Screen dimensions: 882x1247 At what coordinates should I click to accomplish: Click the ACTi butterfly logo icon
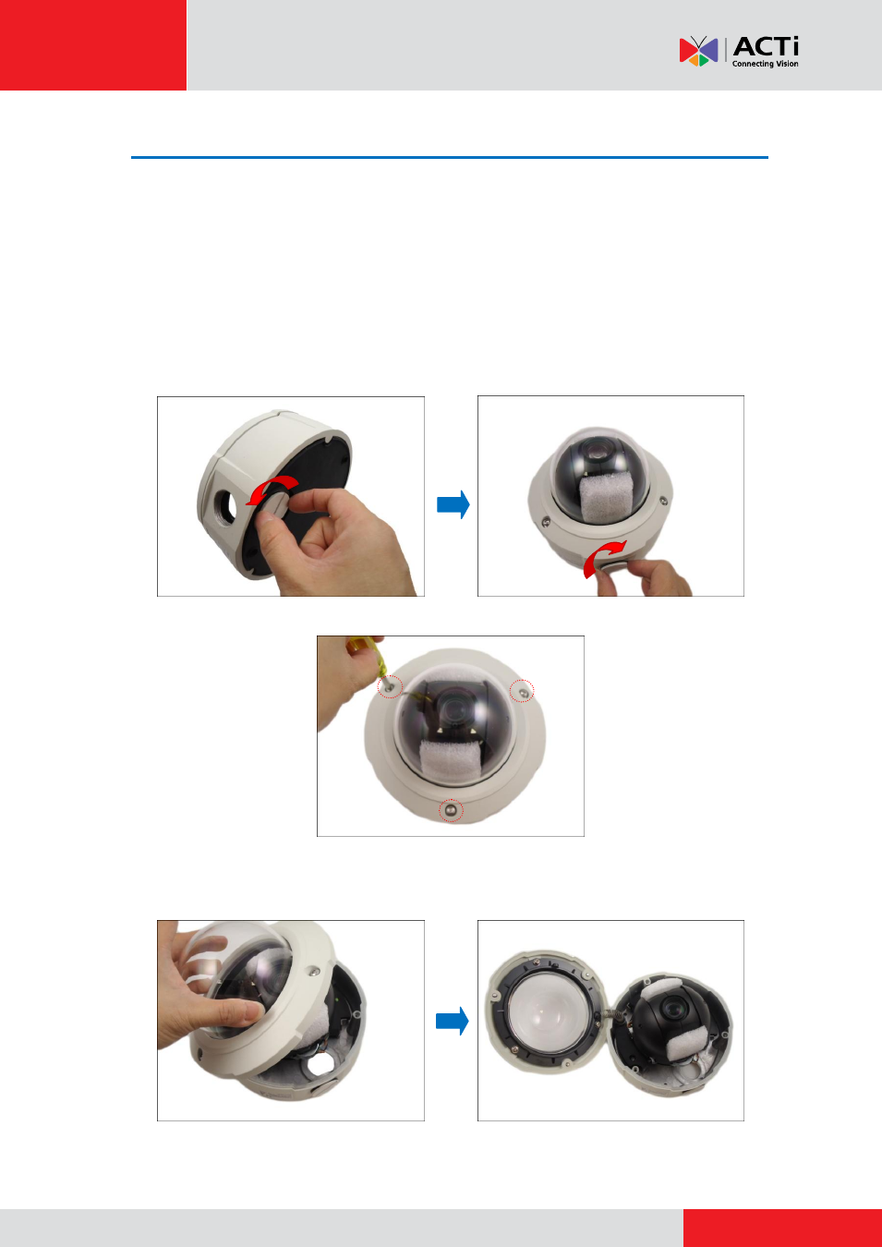[x=698, y=51]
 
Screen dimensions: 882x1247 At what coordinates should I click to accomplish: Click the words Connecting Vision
[x=765, y=64]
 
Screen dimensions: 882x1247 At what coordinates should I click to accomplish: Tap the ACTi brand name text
[x=766, y=46]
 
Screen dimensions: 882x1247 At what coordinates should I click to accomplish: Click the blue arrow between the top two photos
[x=453, y=504]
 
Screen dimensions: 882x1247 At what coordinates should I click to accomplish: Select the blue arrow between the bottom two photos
[x=452, y=1021]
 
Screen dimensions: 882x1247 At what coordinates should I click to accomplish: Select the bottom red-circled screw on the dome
[x=451, y=810]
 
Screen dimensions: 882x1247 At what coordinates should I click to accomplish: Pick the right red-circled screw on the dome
[x=522, y=691]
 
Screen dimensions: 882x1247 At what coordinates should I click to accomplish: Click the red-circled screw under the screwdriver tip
[x=390, y=686]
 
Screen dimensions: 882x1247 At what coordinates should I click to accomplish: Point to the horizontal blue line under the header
[x=450, y=158]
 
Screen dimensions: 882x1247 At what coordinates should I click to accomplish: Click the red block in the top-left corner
[x=93, y=45]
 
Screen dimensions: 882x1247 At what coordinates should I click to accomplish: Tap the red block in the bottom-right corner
[x=782, y=1228]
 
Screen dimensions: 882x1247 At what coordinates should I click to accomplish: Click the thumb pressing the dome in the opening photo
[x=236, y=1012]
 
